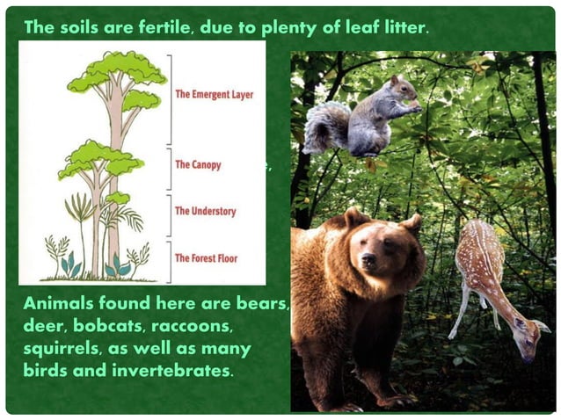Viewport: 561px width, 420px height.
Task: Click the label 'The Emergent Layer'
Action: [215, 94]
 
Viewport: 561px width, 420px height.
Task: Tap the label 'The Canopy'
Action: [198, 164]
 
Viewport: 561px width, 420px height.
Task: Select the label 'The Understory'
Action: [205, 212]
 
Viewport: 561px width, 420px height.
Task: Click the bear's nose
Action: [368, 260]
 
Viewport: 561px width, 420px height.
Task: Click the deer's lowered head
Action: [529, 338]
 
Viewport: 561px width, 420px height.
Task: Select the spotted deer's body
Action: [482, 264]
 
